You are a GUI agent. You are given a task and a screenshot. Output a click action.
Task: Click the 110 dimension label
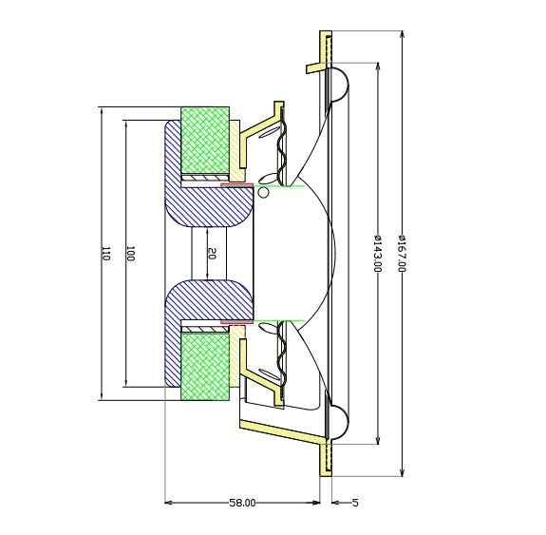click(x=105, y=254)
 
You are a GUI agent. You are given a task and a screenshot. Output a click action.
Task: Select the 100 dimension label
click(x=130, y=254)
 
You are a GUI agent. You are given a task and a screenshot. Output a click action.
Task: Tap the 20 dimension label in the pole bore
click(x=212, y=254)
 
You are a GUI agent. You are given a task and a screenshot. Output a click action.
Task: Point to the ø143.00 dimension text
click(x=378, y=254)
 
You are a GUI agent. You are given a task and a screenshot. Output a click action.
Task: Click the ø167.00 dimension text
click(x=402, y=254)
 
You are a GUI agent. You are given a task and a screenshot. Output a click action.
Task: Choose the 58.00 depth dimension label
click(x=242, y=503)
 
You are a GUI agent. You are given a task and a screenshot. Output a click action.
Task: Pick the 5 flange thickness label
click(x=355, y=503)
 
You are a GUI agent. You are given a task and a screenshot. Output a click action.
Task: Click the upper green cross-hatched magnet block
click(x=205, y=140)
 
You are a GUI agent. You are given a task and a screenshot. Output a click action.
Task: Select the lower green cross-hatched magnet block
click(x=205, y=366)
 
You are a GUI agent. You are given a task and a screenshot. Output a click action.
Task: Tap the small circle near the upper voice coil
click(x=264, y=193)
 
